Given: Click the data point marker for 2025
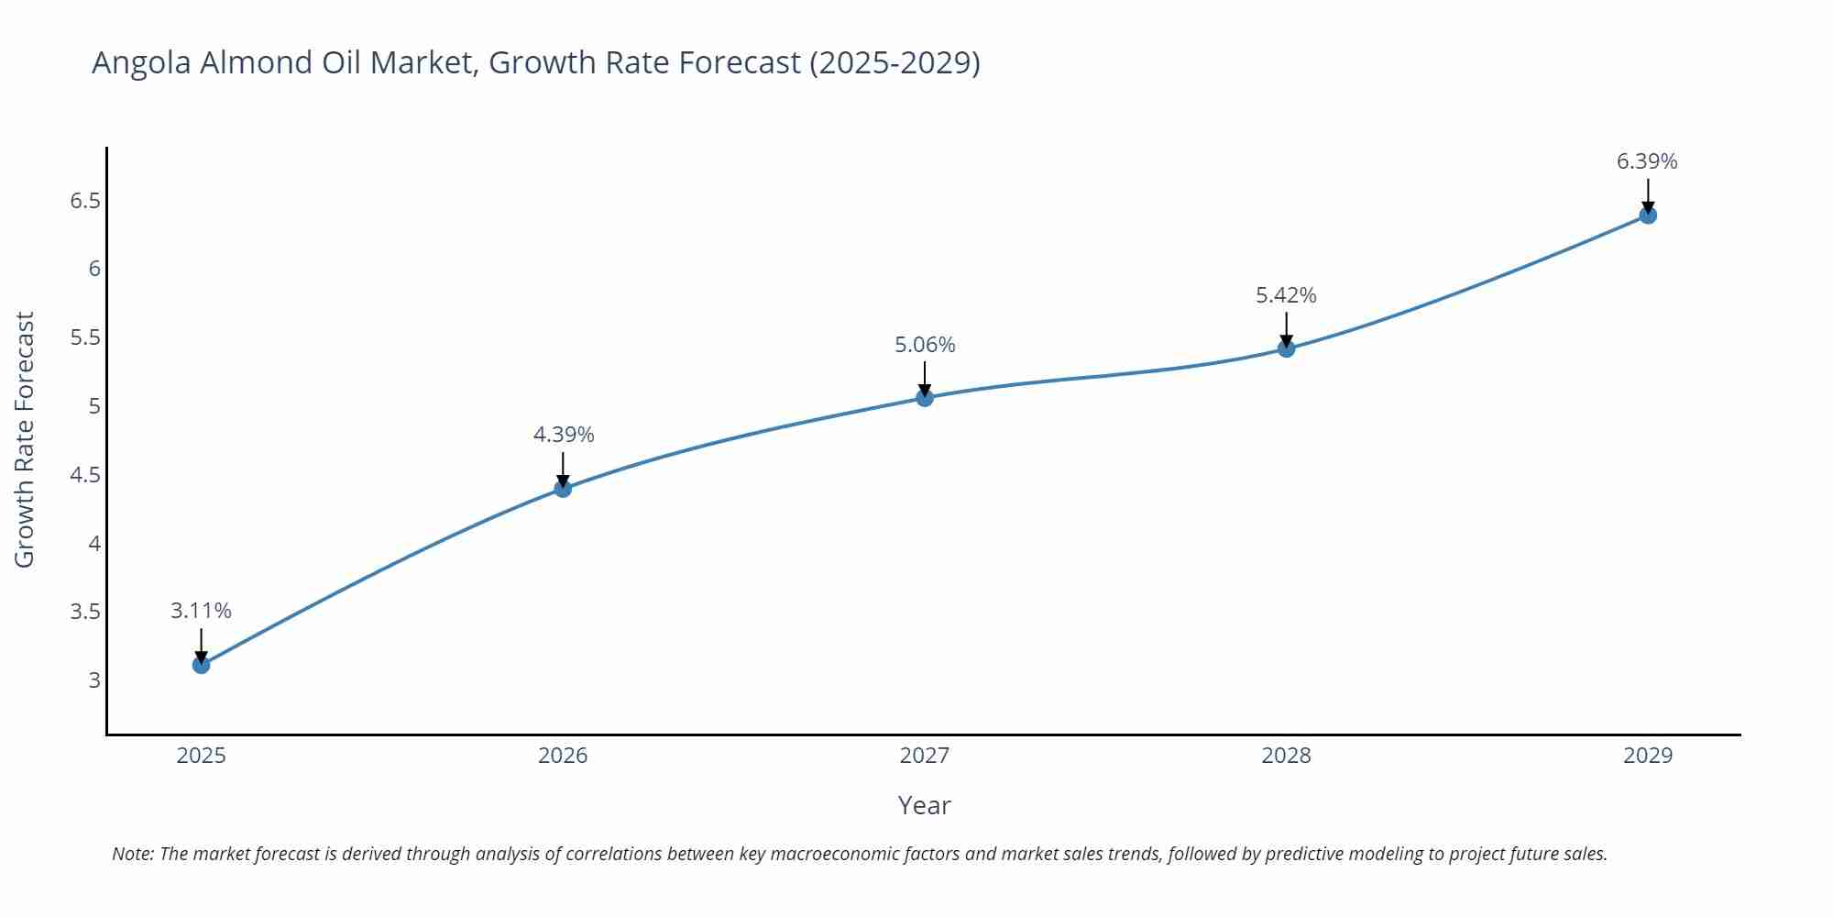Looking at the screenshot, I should (x=201, y=665).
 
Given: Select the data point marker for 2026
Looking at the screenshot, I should (x=563, y=489).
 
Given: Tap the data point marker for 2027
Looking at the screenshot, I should (x=925, y=397).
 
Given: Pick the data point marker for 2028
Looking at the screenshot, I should (x=1286, y=348).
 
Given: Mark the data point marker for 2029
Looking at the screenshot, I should (x=1648, y=215).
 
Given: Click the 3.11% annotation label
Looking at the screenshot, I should (x=201, y=611).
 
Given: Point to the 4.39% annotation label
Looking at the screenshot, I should (x=564, y=435).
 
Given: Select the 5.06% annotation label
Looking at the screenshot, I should (x=925, y=345).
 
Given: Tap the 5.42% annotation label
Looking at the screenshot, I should (x=1286, y=295).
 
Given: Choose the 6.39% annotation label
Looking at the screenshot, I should (x=1647, y=161).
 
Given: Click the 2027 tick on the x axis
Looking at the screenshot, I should (x=925, y=756).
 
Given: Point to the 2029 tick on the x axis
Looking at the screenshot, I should (x=1648, y=756).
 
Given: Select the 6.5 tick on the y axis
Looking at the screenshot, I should (x=85, y=201).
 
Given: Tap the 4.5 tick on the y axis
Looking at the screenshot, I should (x=85, y=475).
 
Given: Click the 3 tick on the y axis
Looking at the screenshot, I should (x=94, y=680).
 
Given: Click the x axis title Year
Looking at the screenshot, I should (x=924, y=805).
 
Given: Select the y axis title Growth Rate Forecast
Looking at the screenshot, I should (x=25, y=439).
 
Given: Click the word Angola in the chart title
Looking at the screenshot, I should (x=142, y=62).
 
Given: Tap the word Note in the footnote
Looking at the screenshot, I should (x=132, y=854).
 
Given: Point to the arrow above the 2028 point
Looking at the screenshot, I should (x=1286, y=328).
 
